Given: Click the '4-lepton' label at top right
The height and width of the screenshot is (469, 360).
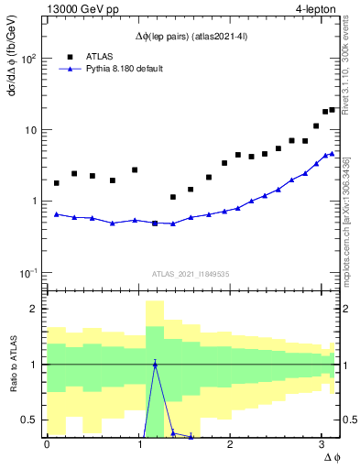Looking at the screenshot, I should tap(314, 8).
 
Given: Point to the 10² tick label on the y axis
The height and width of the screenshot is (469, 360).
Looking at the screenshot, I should tap(27, 59).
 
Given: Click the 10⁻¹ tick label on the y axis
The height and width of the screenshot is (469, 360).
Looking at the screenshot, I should tap(27, 273).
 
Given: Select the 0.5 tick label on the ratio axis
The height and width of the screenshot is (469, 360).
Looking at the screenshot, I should tap(30, 420).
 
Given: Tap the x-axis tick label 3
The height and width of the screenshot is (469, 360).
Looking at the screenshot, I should tap(322, 444).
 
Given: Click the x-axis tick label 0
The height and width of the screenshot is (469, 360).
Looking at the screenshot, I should tap(47, 444).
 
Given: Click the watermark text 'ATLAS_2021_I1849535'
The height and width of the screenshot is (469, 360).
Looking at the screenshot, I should tap(191, 273).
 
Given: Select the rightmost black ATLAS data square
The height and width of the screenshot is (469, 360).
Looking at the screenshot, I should tap(332, 110).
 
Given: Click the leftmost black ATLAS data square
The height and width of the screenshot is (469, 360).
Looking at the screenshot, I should tap(57, 183).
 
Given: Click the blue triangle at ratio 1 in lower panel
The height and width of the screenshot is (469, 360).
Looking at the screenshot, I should tap(155, 364).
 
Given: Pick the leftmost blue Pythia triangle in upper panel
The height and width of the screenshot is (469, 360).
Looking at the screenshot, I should tap(57, 214).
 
